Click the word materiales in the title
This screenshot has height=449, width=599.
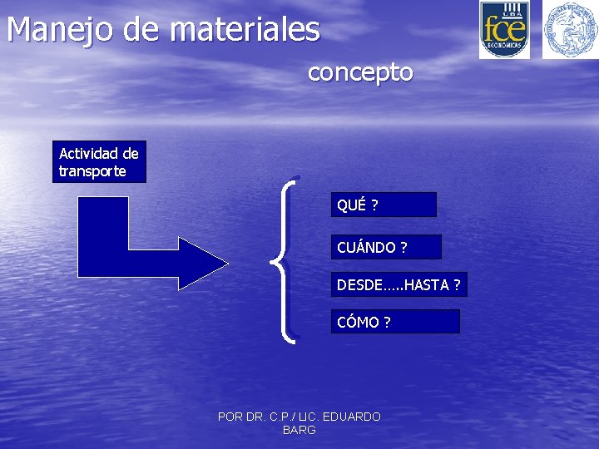[x=245, y=30]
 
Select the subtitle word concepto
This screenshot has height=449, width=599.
[x=360, y=72]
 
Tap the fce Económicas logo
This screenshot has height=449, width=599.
[x=504, y=29]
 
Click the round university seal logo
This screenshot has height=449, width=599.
[x=570, y=29]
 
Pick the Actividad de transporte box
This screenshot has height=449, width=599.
[x=99, y=162]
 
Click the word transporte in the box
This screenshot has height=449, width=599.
[x=93, y=171]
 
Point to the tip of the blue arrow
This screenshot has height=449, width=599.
[x=225, y=264]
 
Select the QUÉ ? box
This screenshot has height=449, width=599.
[x=384, y=205]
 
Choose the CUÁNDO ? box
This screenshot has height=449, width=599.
[x=386, y=247]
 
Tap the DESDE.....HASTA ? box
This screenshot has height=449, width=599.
[x=399, y=285]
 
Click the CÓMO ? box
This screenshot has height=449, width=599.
[x=395, y=322]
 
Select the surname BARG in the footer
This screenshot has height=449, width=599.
[x=299, y=430]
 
